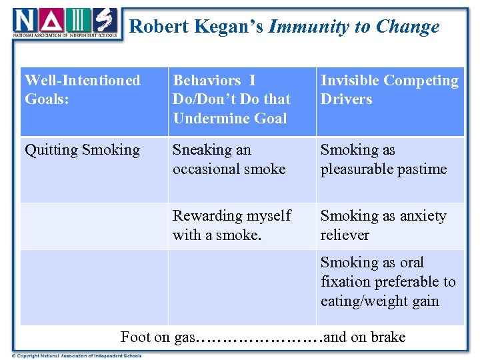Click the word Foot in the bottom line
(x=135, y=337)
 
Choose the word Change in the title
(x=407, y=27)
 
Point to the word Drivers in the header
(x=346, y=99)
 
